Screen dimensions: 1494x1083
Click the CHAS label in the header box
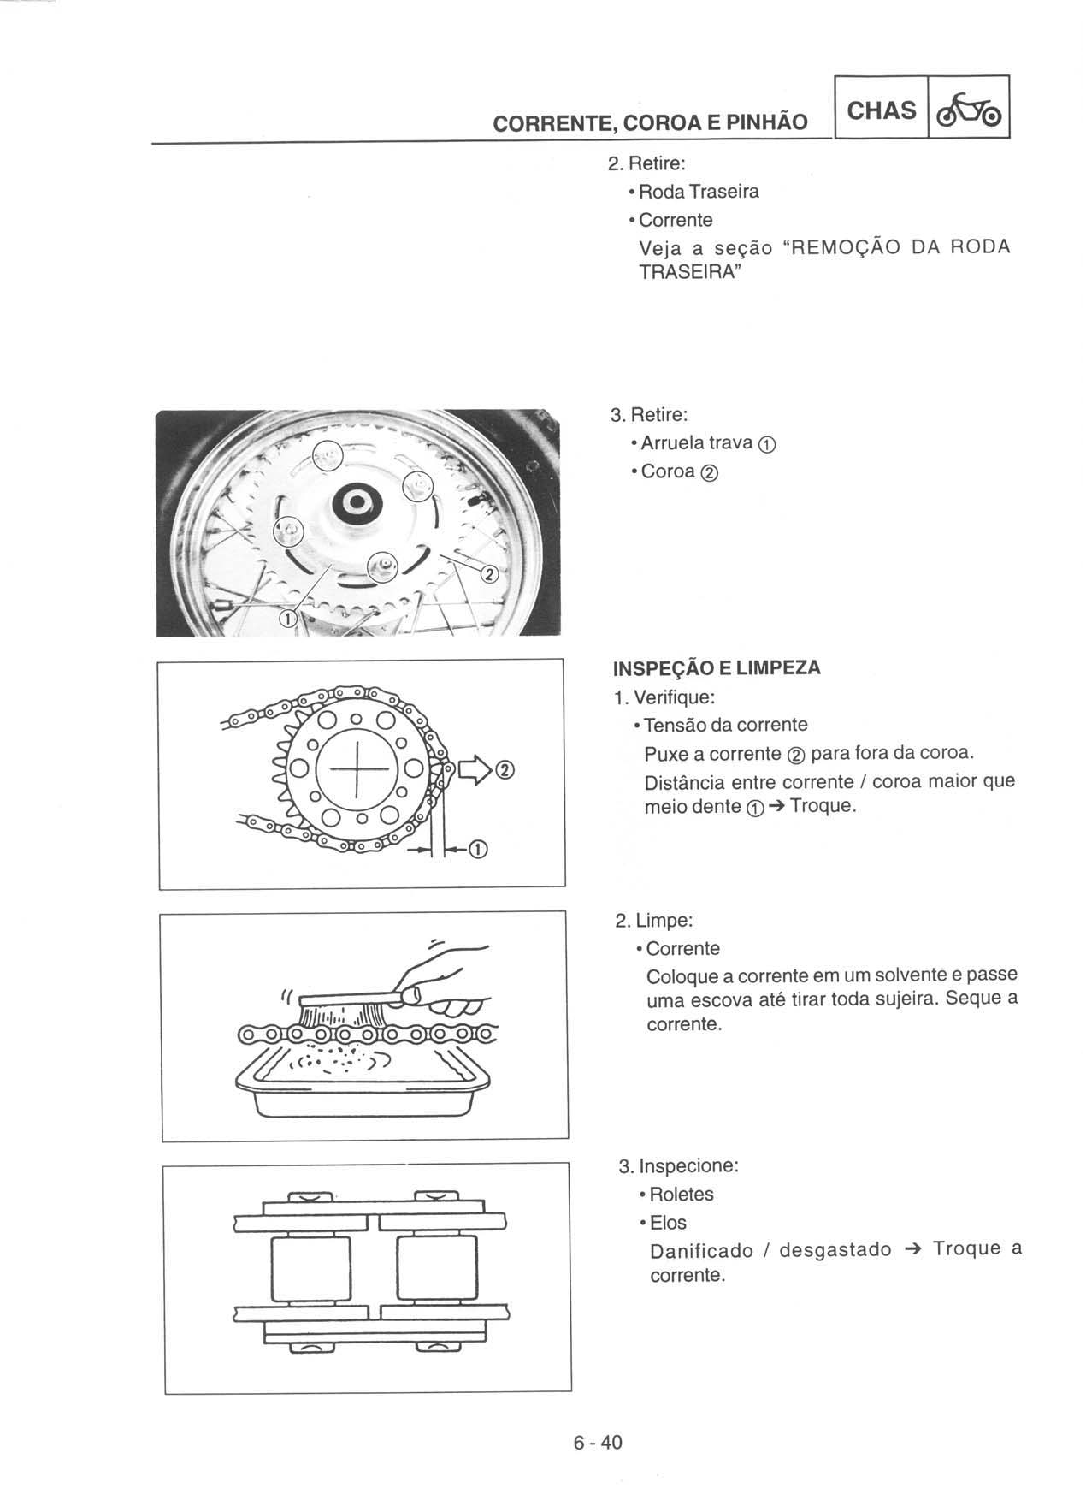point(881,110)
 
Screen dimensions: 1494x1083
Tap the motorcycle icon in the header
point(968,110)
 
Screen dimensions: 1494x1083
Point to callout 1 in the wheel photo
point(288,618)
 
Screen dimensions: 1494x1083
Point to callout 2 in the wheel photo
point(489,575)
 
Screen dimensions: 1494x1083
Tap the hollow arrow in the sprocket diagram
point(475,769)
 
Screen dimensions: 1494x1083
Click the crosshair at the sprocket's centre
point(356,769)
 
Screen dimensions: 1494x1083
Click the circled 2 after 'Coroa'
point(710,472)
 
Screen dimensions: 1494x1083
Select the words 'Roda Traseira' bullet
point(699,192)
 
